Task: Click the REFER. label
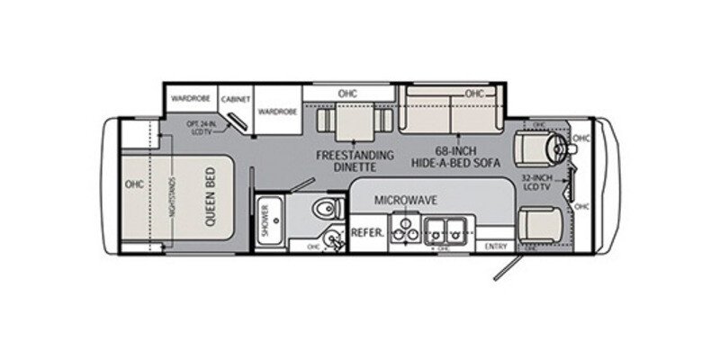(367, 232)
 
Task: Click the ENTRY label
(495, 247)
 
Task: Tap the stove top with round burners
(407, 232)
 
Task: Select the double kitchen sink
(448, 232)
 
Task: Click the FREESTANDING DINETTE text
(355, 160)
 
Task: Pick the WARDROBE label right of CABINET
(277, 112)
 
